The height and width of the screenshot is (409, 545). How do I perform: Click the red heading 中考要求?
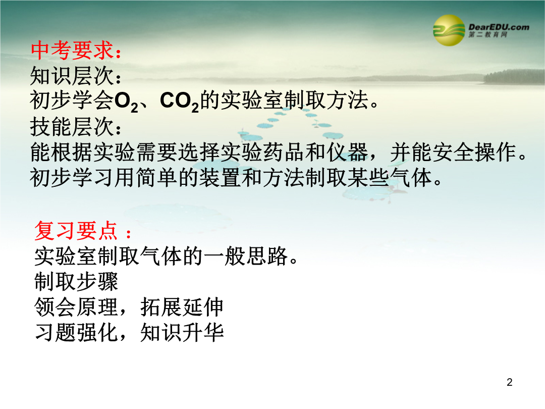[72, 50]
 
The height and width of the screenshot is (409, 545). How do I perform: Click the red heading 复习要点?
[76, 231]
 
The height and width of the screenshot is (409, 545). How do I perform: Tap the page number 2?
[510, 382]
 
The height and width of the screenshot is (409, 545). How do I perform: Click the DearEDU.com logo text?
[499, 27]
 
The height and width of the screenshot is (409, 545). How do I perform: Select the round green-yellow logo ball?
[449, 30]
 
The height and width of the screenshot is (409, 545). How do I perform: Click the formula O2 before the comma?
[126, 101]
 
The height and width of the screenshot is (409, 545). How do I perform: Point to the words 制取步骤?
[76, 282]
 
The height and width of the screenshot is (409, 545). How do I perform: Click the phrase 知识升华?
[182, 332]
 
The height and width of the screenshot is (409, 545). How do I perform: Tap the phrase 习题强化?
[76, 332]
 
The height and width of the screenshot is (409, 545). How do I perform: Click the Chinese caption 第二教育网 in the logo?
[487, 34]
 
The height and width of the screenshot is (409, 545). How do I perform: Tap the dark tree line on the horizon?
[514, 77]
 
